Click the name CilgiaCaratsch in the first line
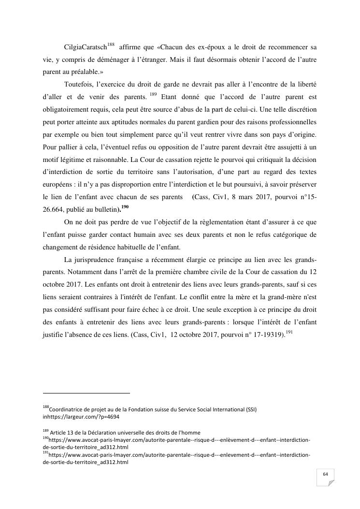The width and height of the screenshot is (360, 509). tap(85, 47)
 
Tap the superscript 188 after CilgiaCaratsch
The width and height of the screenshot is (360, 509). tap(111, 45)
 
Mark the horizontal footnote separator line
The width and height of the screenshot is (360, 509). tap(86, 393)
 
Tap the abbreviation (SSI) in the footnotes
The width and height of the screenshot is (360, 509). tap(250, 409)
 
